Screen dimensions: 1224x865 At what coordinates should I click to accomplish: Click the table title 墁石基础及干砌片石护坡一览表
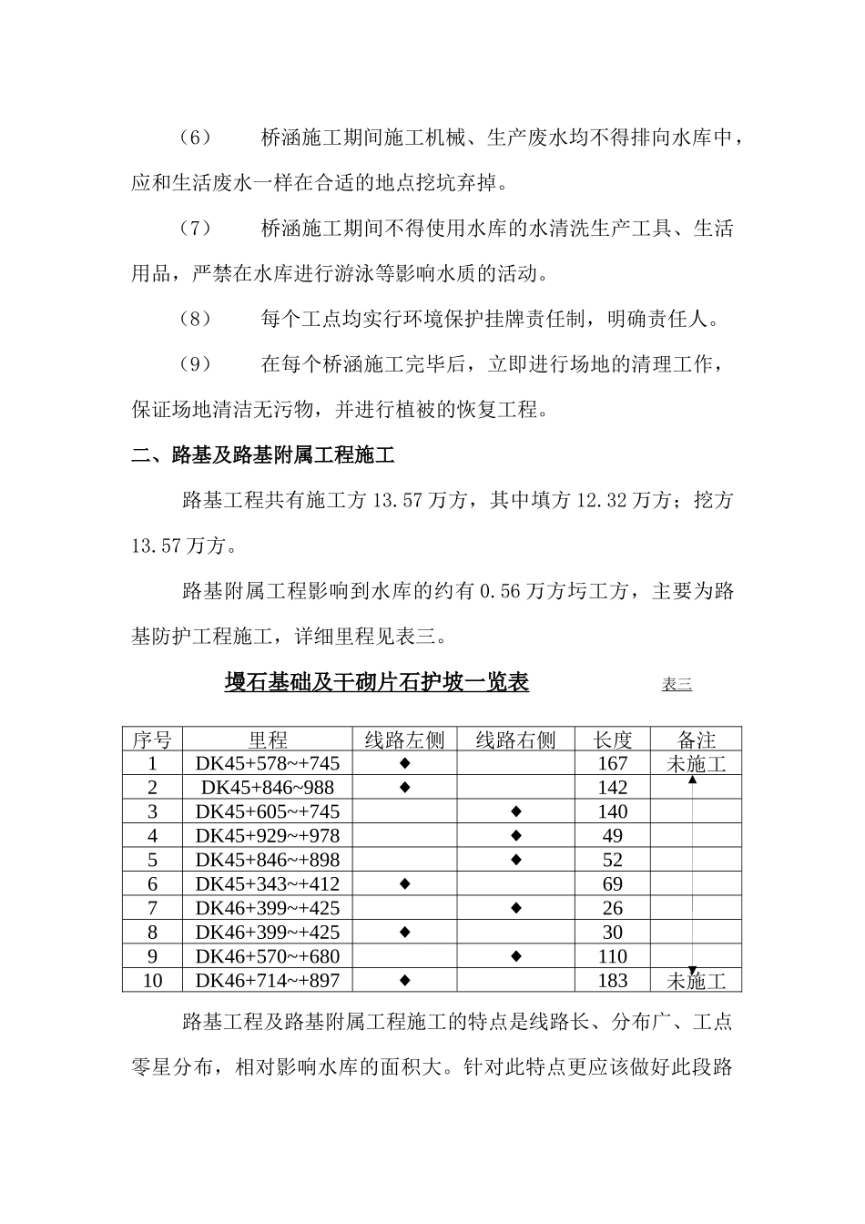pos(376,682)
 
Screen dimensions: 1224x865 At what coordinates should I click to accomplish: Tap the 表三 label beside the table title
pos(677,685)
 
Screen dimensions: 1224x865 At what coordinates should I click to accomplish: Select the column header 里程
pos(268,739)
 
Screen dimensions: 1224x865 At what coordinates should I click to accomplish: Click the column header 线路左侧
pos(404,739)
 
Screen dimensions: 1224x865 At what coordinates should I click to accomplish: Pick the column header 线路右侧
pos(515,739)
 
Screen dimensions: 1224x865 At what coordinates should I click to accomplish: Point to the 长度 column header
pos(613,739)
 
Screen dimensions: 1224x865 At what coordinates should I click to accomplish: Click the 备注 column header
pos(697,739)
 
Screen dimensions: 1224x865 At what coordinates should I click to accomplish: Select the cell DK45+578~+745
pos(268,764)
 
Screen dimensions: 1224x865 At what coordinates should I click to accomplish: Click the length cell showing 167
pos(613,764)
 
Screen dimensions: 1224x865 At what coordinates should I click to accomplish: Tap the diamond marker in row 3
pos(515,811)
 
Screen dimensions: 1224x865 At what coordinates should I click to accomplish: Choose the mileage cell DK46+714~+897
pos(268,981)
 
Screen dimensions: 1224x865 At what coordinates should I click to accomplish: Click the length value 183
pos(613,981)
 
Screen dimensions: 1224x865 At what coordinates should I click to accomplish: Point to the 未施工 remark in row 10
pos(697,981)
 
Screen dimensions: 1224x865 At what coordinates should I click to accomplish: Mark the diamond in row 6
pos(405,883)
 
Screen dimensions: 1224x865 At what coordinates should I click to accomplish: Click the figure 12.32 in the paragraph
pos(603,501)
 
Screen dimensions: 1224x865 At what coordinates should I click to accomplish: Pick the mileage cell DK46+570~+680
pos(268,956)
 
